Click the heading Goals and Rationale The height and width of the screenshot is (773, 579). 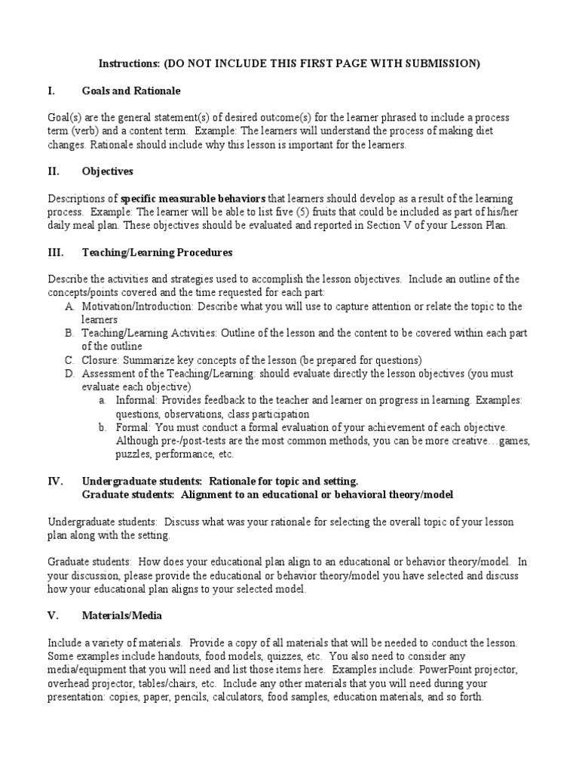[131, 91]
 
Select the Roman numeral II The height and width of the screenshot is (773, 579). [54, 171]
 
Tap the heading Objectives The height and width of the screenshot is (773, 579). [108, 171]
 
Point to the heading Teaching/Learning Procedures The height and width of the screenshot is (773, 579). [157, 252]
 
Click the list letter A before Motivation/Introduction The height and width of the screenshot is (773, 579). [69, 306]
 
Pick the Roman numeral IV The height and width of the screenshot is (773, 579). [55, 481]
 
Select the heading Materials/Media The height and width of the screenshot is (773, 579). [121, 615]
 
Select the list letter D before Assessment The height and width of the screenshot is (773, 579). [69, 373]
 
